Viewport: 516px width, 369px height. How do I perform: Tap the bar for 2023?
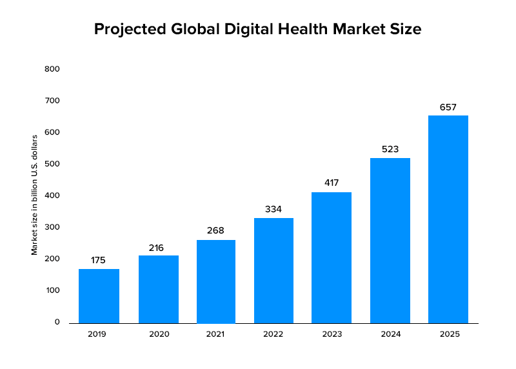[332, 257]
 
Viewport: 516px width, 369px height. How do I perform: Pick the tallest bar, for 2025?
[448, 219]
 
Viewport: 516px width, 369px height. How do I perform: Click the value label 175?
[99, 261]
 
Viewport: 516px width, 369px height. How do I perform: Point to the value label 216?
[158, 248]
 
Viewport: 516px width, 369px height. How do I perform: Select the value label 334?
[273, 210]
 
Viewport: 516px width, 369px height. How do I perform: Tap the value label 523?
[390, 149]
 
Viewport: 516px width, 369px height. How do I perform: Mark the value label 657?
[448, 107]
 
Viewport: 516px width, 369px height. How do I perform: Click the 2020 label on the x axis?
[158, 334]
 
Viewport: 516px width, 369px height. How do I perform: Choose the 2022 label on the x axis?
[273, 334]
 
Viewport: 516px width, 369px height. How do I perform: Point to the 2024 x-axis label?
[390, 334]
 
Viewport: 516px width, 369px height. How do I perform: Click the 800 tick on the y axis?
[52, 69]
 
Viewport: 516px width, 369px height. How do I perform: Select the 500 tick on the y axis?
[52, 164]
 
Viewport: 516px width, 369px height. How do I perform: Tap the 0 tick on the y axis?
[57, 322]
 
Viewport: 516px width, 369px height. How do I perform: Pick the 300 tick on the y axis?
[52, 227]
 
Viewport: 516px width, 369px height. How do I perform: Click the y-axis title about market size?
[35, 194]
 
